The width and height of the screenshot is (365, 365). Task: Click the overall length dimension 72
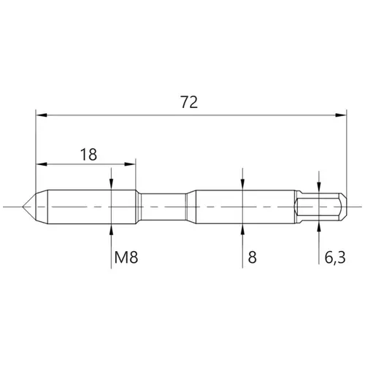point(189,102)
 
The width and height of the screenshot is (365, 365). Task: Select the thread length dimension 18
point(88,155)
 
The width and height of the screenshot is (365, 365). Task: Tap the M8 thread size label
point(126,258)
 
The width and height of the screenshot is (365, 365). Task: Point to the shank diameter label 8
point(253,258)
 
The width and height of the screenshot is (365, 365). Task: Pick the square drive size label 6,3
point(335,258)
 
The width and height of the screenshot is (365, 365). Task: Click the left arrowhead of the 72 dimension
point(42,115)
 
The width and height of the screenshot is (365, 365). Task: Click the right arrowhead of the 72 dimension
point(341,115)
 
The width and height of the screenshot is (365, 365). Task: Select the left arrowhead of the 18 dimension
point(42,164)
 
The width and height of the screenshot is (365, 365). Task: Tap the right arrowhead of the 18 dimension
point(129,164)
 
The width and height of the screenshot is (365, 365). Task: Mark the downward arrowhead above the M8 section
point(111,184)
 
